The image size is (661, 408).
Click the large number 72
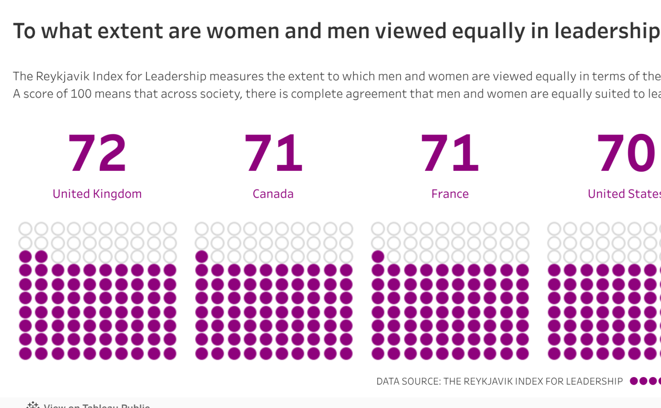[97, 153]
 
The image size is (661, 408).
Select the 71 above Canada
[273, 153]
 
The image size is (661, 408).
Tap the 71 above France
[449, 153]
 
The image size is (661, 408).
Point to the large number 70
[626, 153]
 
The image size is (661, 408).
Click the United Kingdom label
[97, 194]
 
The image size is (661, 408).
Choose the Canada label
[273, 194]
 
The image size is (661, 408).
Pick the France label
[450, 194]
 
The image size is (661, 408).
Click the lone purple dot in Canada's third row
[202, 257]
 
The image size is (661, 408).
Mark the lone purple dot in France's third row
[378, 257]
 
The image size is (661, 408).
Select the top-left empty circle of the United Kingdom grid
[25, 229]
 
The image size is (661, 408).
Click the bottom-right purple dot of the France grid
[522, 354]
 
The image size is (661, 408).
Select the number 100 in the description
[79, 94]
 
